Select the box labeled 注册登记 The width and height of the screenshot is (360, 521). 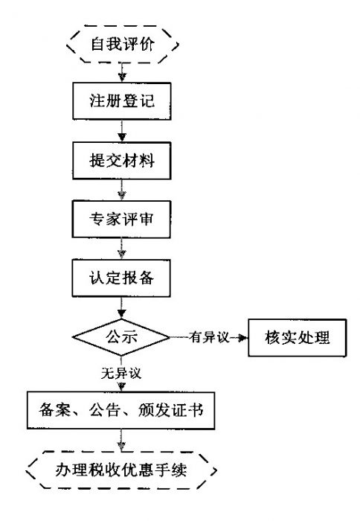pyautogui.click(x=123, y=100)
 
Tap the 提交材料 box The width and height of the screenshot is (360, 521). pyautogui.click(x=123, y=161)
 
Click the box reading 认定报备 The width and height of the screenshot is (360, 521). pyautogui.click(x=123, y=280)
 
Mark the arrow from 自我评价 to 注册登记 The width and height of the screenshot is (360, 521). pyautogui.click(x=122, y=71)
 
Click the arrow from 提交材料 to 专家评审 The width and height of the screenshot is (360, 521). pyautogui.click(x=122, y=191)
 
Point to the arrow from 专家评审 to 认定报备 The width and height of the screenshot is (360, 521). pyautogui.click(x=122, y=250)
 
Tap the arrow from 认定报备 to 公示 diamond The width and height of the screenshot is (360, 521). pyautogui.click(x=122, y=308)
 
